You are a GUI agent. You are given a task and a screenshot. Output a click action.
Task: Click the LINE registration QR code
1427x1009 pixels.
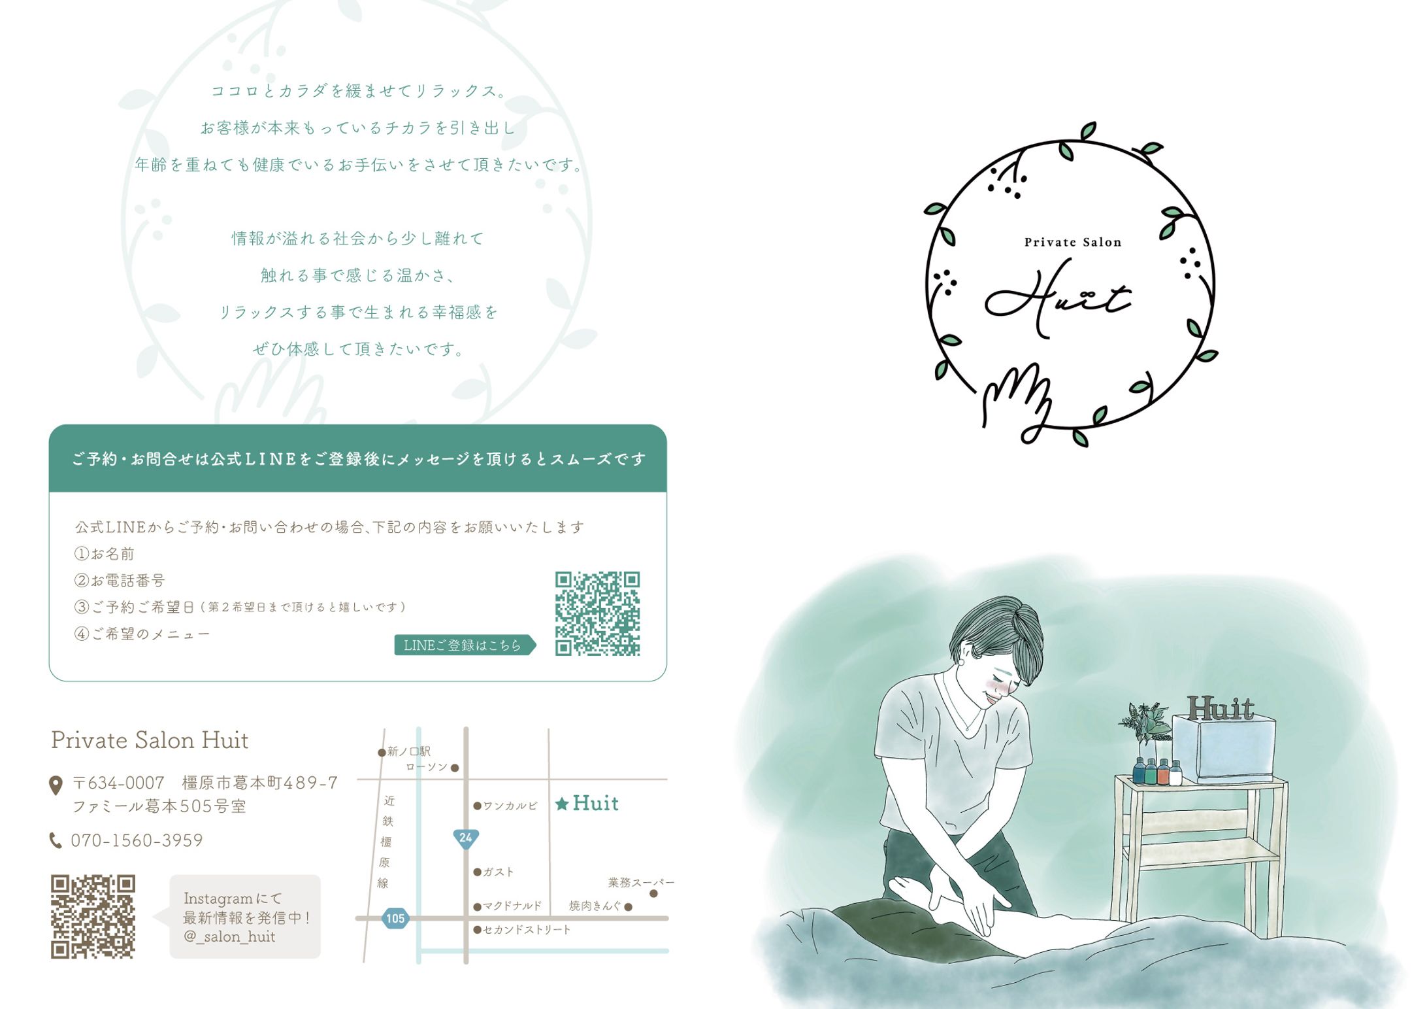click(x=597, y=613)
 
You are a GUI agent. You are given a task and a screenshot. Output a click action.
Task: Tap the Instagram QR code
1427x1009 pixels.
click(x=93, y=917)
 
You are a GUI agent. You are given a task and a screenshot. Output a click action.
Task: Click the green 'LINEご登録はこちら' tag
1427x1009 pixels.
click(x=465, y=645)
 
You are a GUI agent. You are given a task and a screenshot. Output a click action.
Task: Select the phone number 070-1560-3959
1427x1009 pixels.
click(x=137, y=840)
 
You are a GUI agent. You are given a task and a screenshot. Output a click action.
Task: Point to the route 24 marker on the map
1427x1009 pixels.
click(x=466, y=838)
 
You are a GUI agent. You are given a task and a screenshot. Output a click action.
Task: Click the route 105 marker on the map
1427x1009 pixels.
click(x=395, y=918)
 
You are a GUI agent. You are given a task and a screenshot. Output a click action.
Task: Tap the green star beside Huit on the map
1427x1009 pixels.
click(x=561, y=804)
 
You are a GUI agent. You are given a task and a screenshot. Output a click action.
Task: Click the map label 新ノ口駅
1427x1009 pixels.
click(x=409, y=751)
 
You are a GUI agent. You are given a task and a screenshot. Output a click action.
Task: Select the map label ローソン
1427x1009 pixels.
click(x=427, y=767)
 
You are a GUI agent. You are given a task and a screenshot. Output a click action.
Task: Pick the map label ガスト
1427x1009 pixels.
click(x=499, y=872)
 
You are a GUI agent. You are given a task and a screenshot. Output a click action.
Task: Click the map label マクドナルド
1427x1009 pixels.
click(x=512, y=906)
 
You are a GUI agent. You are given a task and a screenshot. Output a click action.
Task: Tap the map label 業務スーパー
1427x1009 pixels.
click(x=641, y=883)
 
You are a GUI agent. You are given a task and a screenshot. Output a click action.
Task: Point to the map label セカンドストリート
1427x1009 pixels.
click(x=527, y=929)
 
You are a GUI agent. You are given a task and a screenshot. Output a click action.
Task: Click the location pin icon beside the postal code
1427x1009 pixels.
click(x=56, y=785)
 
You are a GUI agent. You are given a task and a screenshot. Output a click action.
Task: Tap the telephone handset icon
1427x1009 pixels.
click(x=56, y=840)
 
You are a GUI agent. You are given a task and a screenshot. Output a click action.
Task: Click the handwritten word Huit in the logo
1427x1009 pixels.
click(x=1058, y=299)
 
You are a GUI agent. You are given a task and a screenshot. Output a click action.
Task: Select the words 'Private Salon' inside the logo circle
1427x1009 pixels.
click(x=1073, y=242)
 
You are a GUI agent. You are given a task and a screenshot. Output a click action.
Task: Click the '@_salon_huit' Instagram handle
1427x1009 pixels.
click(x=229, y=936)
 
